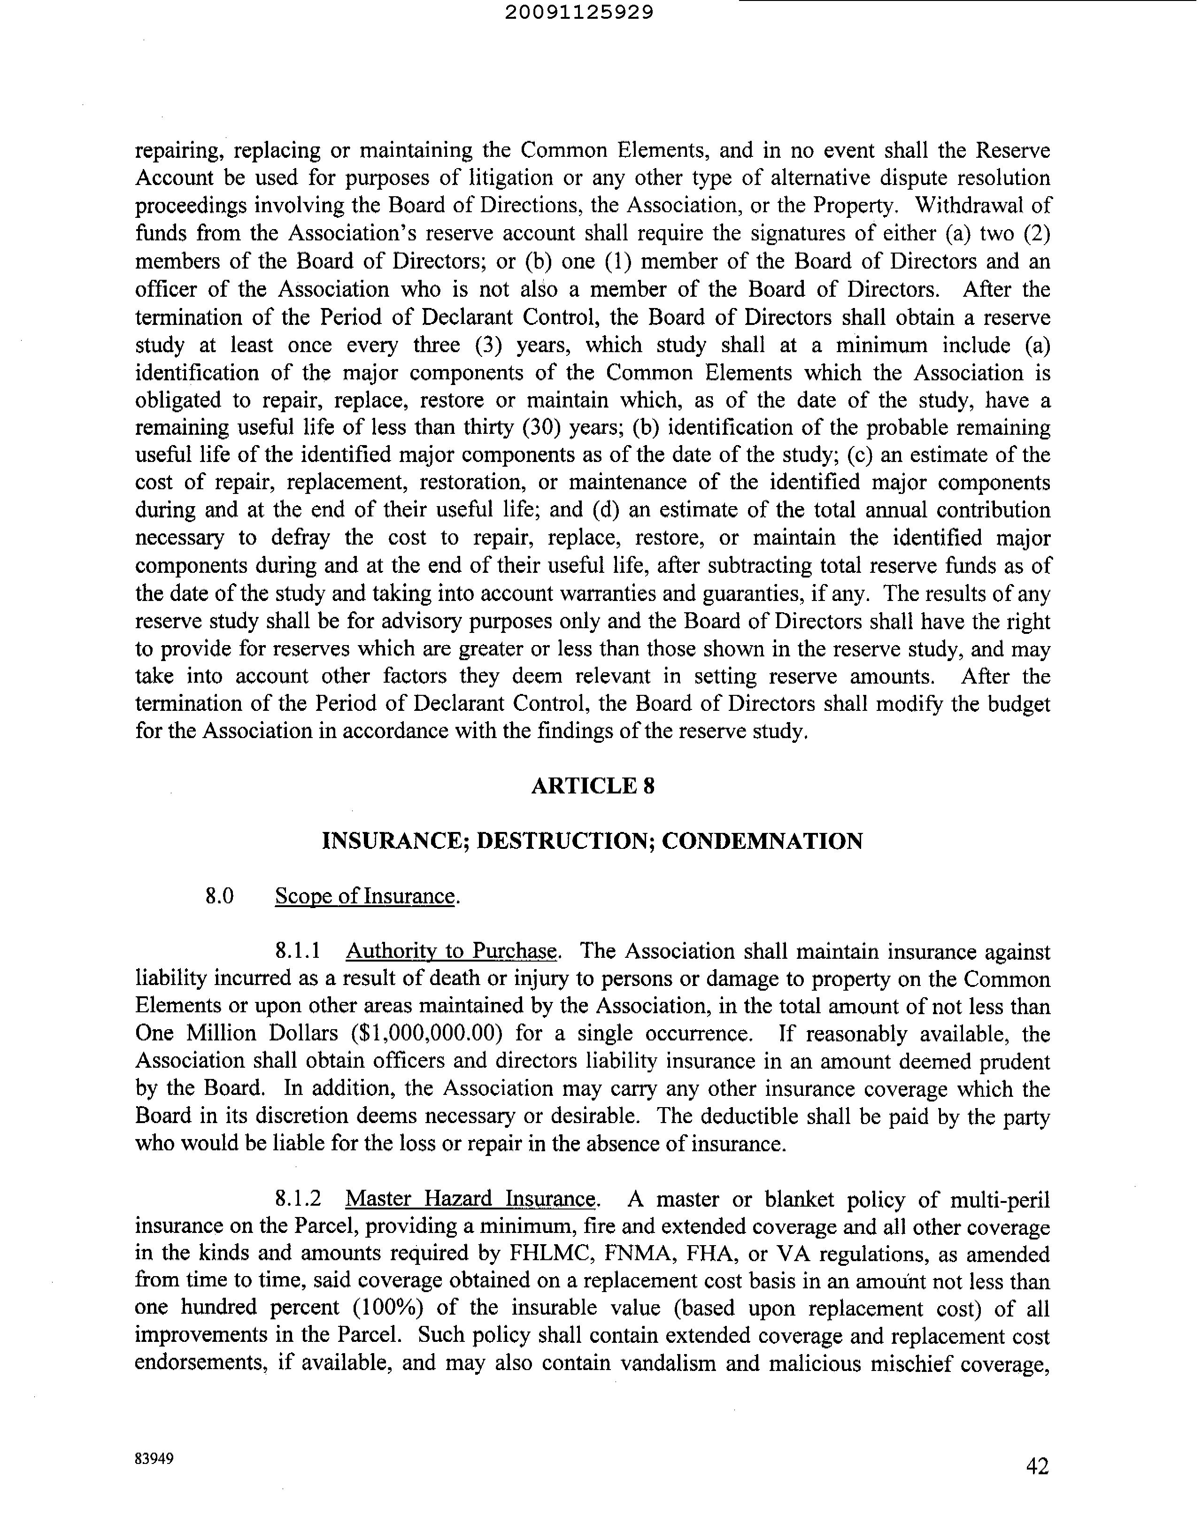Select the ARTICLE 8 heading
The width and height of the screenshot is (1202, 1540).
pyautogui.click(x=593, y=786)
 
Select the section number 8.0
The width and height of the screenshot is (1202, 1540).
pyautogui.click(x=219, y=896)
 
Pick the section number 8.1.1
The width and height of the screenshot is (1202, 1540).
pyautogui.click(x=298, y=951)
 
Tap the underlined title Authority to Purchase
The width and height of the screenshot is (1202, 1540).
pyautogui.click(x=451, y=951)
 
